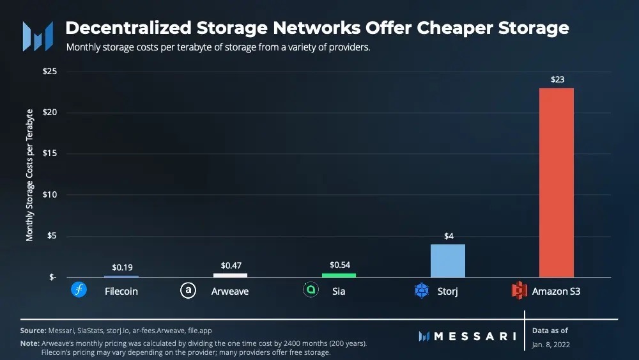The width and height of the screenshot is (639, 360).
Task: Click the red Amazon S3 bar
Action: click(x=557, y=182)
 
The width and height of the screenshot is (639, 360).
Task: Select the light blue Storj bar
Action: click(x=447, y=261)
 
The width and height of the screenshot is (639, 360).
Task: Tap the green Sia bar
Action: click(x=339, y=275)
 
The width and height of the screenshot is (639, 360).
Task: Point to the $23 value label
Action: click(x=557, y=80)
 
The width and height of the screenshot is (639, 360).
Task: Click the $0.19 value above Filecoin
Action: click(x=122, y=267)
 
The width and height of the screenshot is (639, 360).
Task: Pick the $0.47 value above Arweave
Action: click(x=231, y=265)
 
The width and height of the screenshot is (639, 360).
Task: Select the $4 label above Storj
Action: click(x=449, y=236)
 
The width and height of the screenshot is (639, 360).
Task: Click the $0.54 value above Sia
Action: click(x=339, y=264)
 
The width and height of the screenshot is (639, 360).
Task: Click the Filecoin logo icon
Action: click(x=79, y=291)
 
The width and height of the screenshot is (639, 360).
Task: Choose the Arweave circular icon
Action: click(x=187, y=291)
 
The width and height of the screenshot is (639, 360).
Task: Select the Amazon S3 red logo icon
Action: click(x=520, y=291)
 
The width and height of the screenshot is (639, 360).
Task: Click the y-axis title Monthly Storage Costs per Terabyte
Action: click(x=29, y=175)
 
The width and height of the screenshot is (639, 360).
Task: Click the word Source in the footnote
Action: click(x=33, y=331)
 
